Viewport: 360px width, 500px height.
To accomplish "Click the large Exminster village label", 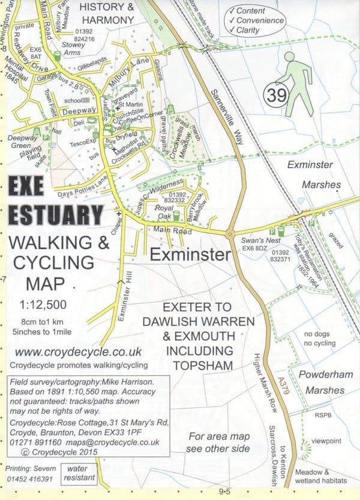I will coord(190,255).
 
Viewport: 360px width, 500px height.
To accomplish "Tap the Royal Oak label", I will coord(164,212).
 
